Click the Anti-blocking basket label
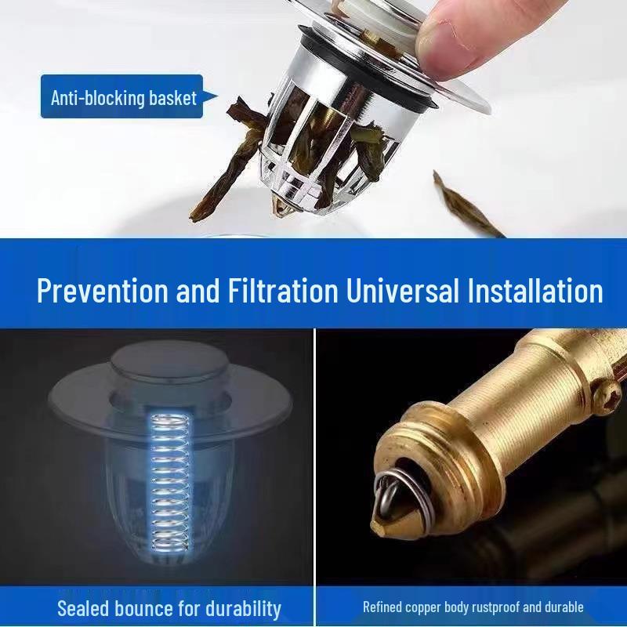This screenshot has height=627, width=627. (x=122, y=97)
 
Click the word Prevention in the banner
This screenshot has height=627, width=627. (x=102, y=291)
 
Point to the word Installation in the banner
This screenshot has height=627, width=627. (x=535, y=291)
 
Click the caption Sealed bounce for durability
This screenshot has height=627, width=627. (x=169, y=607)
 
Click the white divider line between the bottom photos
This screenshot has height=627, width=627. (x=314, y=470)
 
